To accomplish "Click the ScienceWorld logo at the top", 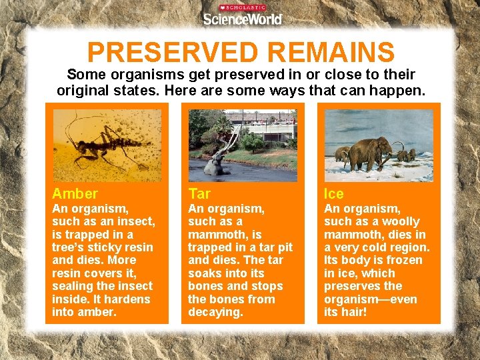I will (x=243, y=18).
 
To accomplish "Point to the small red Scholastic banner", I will (x=243, y=7).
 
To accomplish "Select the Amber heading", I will (x=75, y=194).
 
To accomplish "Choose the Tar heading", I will (x=199, y=194).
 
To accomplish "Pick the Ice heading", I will (x=334, y=194).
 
